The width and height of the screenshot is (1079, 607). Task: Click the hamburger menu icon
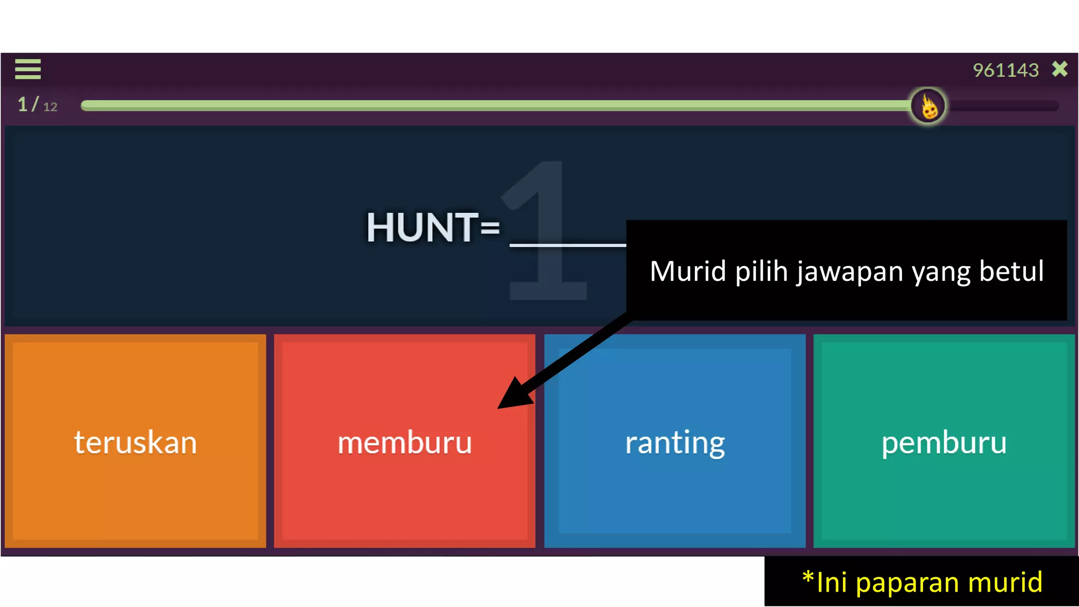pyautogui.click(x=28, y=69)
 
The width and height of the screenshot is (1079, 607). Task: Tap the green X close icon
pyautogui.click(x=1060, y=69)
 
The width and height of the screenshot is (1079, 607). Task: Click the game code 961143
pyautogui.click(x=1005, y=70)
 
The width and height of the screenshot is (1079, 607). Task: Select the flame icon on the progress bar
pyautogui.click(x=928, y=106)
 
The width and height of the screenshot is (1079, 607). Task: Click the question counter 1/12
pyautogui.click(x=37, y=105)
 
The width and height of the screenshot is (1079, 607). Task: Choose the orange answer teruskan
pyautogui.click(x=135, y=442)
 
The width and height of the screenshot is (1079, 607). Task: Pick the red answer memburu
pyautogui.click(x=405, y=442)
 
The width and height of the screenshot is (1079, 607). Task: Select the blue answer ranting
pyautogui.click(x=675, y=442)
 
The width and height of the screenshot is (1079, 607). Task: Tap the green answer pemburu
pyautogui.click(x=944, y=442)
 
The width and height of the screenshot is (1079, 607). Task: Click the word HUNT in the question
pyautogui.click(x=422, y=228)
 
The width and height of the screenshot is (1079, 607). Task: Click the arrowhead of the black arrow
pyautogui.click(x=514, y=395)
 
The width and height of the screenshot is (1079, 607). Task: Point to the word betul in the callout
pyautogui.click(x=1011, y=271)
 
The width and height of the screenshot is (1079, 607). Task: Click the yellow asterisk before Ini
pyautogui.click(x=808, y=577)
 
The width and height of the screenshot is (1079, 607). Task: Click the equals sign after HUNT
pyautogui.click(x=490, y=228)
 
